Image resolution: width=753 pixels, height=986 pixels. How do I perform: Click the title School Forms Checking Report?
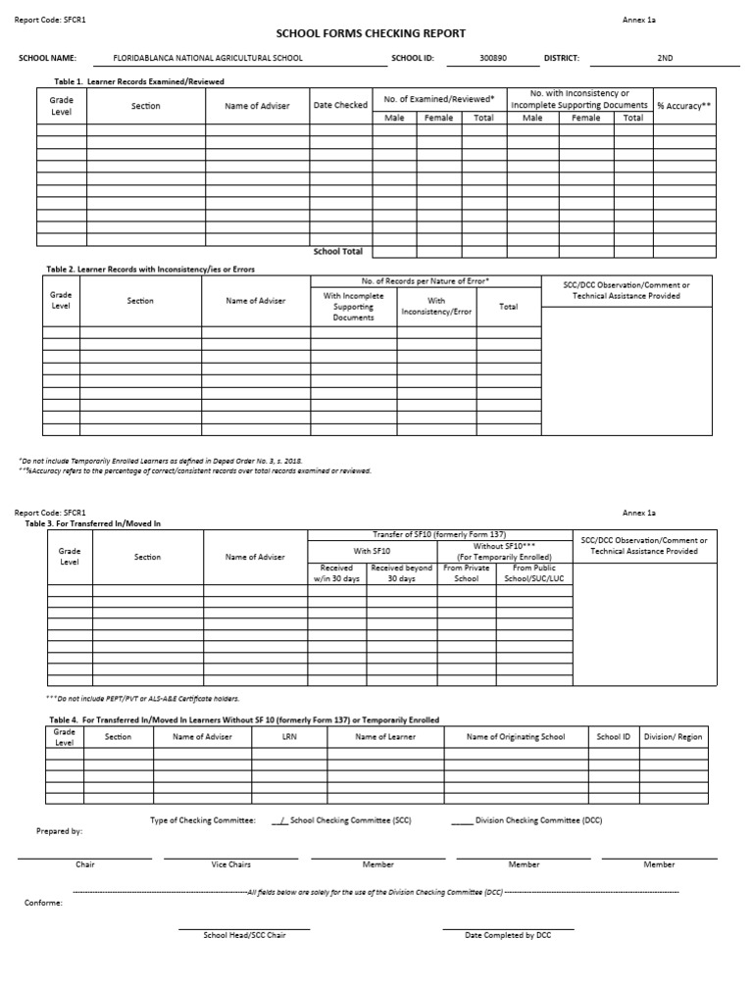[x=376, y=33]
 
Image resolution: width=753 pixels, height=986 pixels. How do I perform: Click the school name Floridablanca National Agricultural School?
[x=208, y=59]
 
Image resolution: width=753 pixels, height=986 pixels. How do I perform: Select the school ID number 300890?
[x=493, y=59]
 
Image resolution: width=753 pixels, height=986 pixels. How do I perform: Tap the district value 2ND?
[x=665, y=59]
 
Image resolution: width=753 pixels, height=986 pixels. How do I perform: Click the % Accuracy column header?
[x=683, y=106]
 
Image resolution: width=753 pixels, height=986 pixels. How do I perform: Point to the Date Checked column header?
[x=340, y=106]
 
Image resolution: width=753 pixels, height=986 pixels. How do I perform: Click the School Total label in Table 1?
[x=338, y=252]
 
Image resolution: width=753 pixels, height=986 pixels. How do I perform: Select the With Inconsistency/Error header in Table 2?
[x=436, y=307]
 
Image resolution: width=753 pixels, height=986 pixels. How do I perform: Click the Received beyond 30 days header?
[x=401, y=573]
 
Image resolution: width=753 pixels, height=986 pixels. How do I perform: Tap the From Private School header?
[x=467, y=573]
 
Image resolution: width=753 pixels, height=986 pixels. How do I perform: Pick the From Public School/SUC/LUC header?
[x=534, y=573]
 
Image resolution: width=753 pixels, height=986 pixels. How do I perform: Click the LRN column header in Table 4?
[x=289, y=737]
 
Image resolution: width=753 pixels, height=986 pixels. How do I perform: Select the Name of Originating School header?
[x=515, y=737]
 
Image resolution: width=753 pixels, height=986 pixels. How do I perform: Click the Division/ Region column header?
[x=673, y=737]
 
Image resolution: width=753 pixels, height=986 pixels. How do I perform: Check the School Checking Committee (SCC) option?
[x=277, y=819]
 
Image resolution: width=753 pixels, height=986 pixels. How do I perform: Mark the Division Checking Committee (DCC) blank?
[x=462, y=819]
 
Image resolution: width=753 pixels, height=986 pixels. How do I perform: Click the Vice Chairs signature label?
[x=231, y=864]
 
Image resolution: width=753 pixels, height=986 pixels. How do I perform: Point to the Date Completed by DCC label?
[x=508, y=935]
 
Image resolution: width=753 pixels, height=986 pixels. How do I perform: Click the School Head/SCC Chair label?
[x=244, y=935]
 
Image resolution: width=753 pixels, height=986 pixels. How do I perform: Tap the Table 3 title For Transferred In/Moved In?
[x=92, y=523]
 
